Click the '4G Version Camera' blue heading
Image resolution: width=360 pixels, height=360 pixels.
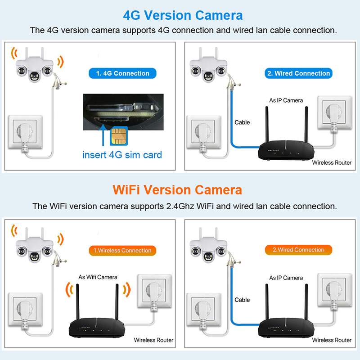click(x=183, y=15)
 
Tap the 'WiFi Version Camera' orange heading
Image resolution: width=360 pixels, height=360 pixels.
click(x=177, y=190)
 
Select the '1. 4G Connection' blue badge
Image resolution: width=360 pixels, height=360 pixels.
click(x=122, y=73)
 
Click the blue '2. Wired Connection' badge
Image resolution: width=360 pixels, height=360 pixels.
click(x=298, y=73)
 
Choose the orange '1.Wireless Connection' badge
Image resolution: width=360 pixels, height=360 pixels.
click(x=122, y=251)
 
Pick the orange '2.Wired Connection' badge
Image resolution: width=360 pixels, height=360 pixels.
click(x=298, y=250)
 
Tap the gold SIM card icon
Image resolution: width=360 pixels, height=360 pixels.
click(x=119, y=136)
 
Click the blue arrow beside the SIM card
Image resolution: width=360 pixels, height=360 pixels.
click(x=103, y=135)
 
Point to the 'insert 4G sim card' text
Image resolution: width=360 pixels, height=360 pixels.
click(x=122, y=155)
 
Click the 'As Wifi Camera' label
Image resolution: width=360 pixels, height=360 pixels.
click(x=98, y=277)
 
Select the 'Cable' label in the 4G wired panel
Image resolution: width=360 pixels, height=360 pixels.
click(x=242, y=122)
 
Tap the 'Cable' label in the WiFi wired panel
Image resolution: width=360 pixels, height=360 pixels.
click(x=242, y=300)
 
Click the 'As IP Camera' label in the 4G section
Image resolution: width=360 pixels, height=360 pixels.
click(x=286, y=100)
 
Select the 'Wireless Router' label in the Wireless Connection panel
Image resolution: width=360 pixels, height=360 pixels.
click(x=153, y=340)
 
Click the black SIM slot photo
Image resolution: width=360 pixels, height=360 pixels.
click(x=123, y=112)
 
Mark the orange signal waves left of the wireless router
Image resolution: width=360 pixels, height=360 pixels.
click(x=69, y=290)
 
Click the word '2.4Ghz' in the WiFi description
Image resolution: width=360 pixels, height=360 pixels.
click(x=180, y=206)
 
